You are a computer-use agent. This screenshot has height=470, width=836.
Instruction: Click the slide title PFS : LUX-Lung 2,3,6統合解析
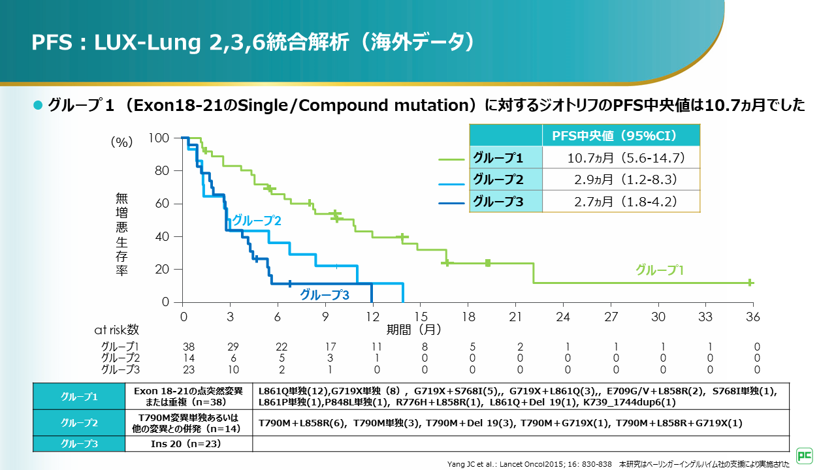click(251, 42)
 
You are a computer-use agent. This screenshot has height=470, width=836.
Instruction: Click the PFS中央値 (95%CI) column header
click(614, 136)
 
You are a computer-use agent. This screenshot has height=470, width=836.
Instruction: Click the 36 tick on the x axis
click(753, 317)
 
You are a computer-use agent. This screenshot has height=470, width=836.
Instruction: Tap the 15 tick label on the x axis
click(421, 317)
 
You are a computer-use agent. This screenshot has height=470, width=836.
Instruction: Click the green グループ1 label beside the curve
click(660, 270)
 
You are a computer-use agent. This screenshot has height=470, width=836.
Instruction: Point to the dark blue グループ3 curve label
click(325, 295)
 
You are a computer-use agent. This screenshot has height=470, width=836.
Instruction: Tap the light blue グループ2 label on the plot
click(257, 221)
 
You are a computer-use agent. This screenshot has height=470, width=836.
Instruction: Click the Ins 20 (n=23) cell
click(189, 445)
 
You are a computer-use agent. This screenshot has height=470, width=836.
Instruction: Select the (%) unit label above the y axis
click(121, 142)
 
